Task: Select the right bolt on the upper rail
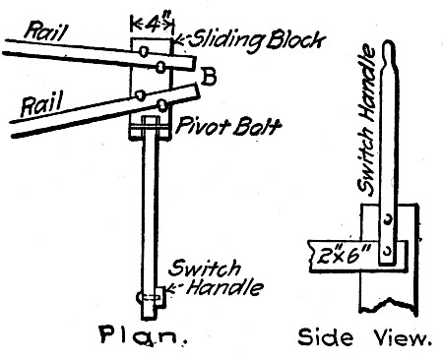pyautogui.click(x=161, y=67)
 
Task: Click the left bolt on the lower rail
pyautogui.click(x=140, y=96)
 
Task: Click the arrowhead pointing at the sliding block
pyautogui.click(x=178, y=41)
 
